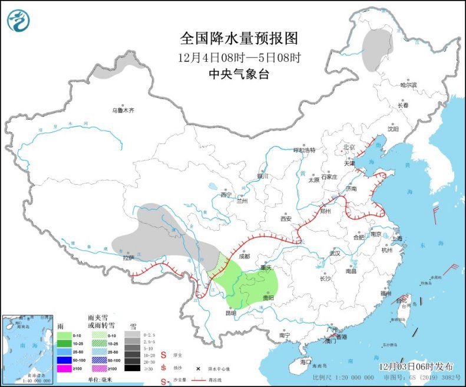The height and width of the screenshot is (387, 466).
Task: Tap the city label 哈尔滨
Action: tap(408, 85)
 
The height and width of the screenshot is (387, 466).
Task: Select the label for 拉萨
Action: tap(128, 257)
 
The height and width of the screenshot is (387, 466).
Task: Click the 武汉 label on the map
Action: tap(335, 252)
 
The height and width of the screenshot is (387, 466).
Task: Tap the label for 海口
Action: tap(305, 361)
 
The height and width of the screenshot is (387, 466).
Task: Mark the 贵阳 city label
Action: tap(268, 299)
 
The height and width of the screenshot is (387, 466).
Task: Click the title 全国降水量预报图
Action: tap(239, 38)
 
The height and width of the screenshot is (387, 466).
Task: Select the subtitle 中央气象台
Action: tap(239, 74)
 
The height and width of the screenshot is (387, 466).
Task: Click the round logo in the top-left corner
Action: tap(19, 21)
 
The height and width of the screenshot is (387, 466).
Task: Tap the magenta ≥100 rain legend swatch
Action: tap(64, 369)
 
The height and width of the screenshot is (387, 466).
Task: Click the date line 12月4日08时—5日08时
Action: tap(239, 58)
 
